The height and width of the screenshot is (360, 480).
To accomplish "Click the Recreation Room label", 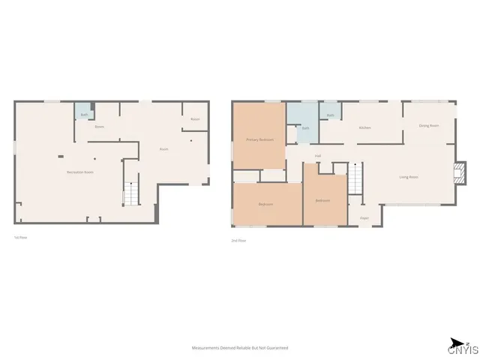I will (x=79, y=172).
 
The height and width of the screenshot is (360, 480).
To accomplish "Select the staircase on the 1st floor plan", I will (x=131, y=193).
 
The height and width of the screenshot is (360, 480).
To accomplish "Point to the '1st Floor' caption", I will (x=20, y=238).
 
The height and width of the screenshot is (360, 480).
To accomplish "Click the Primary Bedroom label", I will (x=259, y=140).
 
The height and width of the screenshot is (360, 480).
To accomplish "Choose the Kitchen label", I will (x=364, y=127).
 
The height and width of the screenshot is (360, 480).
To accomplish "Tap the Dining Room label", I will (x=428, y=125).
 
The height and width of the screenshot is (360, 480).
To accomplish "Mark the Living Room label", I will (x=409, y=177).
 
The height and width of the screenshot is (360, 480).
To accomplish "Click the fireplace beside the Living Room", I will (x=459, y=174).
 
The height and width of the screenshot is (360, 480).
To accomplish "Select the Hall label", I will (x=318, y=156).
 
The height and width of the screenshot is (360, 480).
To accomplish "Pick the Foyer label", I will (x=364, y=218).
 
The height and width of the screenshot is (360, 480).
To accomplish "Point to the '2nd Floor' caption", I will (x=238, y=241).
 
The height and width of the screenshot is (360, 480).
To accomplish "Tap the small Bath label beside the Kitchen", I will (x=330, y=115).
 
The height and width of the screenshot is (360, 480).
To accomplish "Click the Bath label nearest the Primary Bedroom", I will (x=305, y=128).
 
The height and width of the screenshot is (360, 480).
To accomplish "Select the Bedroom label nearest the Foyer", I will (x=322, y=200).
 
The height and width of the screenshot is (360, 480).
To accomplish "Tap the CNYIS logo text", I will (x=462, y=349).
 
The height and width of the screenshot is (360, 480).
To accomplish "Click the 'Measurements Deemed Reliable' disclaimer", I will (x=240, y=348).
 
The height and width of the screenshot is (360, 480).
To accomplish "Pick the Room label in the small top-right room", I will (x=195, y=119).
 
